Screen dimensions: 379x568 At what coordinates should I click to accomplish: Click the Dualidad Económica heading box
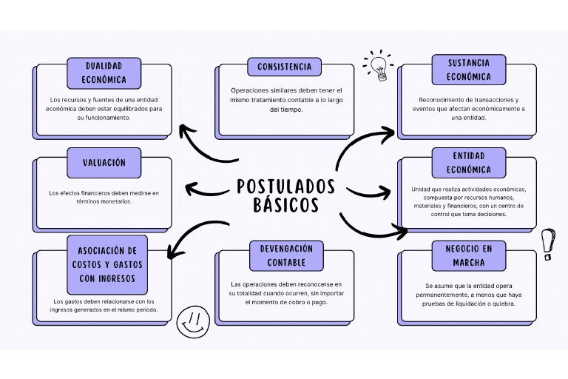104,73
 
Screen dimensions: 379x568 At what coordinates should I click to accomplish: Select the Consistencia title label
284,67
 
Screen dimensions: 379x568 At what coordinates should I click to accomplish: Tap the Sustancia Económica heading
469,69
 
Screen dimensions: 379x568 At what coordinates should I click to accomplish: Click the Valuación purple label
104,162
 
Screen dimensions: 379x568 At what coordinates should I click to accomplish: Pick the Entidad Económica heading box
469,162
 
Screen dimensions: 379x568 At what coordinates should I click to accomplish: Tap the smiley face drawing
193,322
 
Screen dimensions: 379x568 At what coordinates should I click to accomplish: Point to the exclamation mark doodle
548,244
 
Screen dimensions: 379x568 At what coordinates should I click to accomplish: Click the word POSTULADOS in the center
285,186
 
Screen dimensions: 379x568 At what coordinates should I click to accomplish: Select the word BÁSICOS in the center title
285,205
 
